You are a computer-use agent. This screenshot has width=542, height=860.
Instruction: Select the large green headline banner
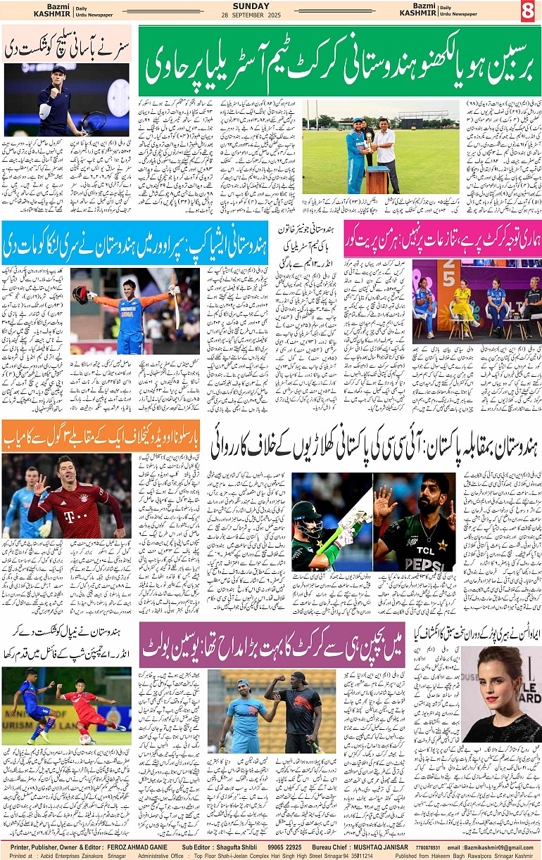click(x=339, y=61)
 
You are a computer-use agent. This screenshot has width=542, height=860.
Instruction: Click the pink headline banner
click(x=443, y=238)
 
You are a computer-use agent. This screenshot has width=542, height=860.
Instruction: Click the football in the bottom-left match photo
click(x=86, y=738)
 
